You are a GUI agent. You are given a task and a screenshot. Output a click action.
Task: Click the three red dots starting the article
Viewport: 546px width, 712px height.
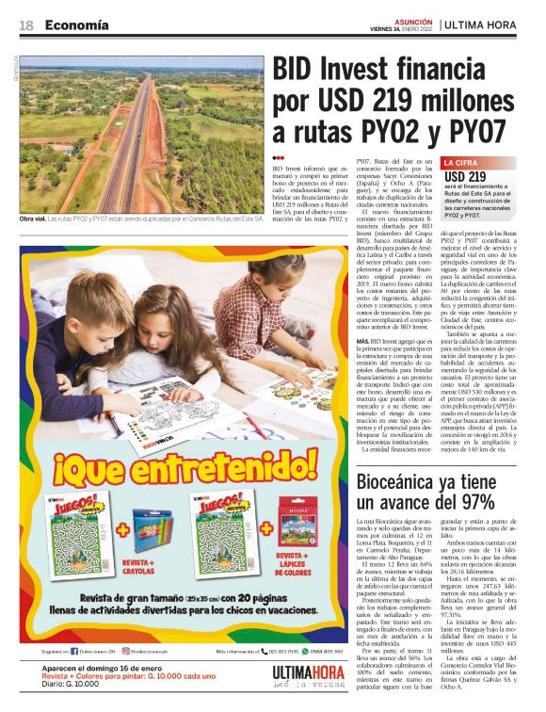pos(278,158)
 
